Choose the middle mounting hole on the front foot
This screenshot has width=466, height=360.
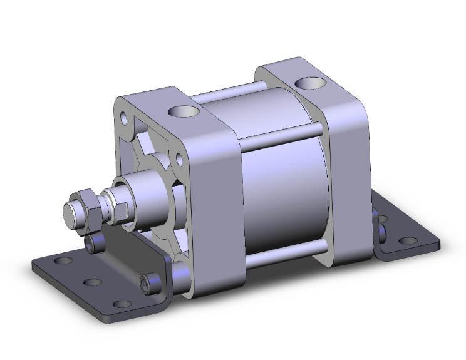pos(92,283)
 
